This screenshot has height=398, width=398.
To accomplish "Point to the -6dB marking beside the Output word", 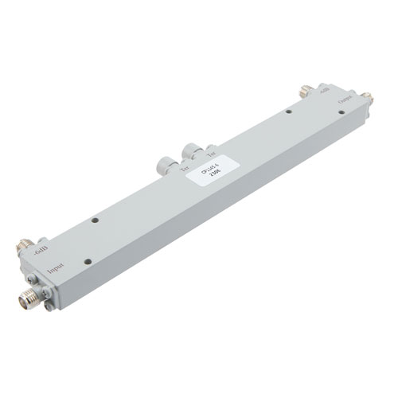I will [x=322, y=92].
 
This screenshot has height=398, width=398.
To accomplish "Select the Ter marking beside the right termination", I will [x=211, y=153].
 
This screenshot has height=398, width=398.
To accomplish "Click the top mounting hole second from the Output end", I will [x=289, y=113].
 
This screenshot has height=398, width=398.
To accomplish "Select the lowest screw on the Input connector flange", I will [x=47, y=306].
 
